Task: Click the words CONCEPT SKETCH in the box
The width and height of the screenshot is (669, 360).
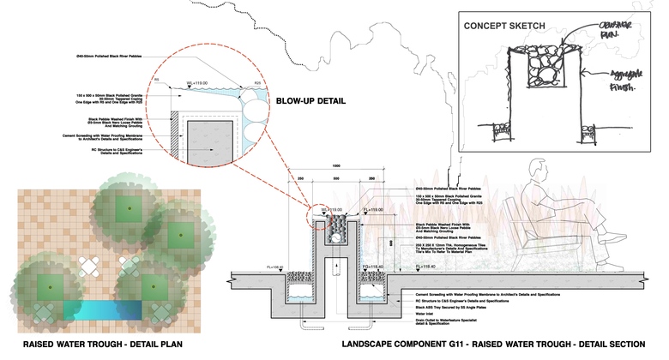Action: click(x=504, y=25)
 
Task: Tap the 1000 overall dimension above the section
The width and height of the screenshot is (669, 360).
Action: click(x=337, y=165)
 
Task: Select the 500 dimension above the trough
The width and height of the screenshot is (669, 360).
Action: click(x=337, y=182)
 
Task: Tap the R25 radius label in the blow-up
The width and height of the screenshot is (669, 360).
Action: click(x=258, y=83)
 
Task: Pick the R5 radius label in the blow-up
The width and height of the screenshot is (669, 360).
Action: click(x=157, y=83)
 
